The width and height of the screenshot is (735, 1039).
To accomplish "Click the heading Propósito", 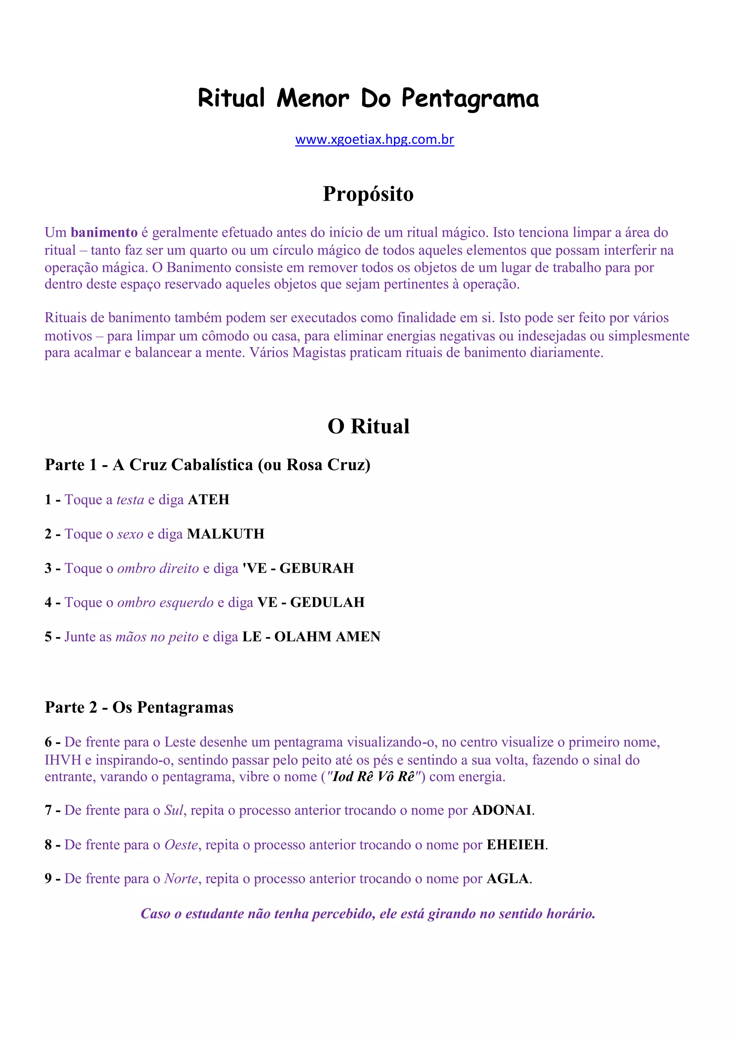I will (x=368, y=194).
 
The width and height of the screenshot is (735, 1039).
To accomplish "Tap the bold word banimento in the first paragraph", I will (x=104, y=233).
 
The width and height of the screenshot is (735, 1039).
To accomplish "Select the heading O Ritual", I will (x=368, y=426).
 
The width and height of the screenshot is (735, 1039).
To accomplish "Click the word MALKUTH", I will (x=225, y=534).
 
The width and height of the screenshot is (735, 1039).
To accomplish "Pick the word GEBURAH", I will (x=317, y=568).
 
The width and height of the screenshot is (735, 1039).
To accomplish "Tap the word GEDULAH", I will (x=327, y=602).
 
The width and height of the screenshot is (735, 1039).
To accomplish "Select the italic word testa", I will (x=130, y=499).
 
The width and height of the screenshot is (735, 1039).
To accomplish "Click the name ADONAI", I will (x=501, y=810).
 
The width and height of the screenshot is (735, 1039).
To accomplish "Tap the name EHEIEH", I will (x=515, y=844).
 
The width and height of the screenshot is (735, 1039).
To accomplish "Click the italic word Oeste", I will (x=181, y=844).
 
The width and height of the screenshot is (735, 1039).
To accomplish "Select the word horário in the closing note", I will (x=570, y=914).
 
